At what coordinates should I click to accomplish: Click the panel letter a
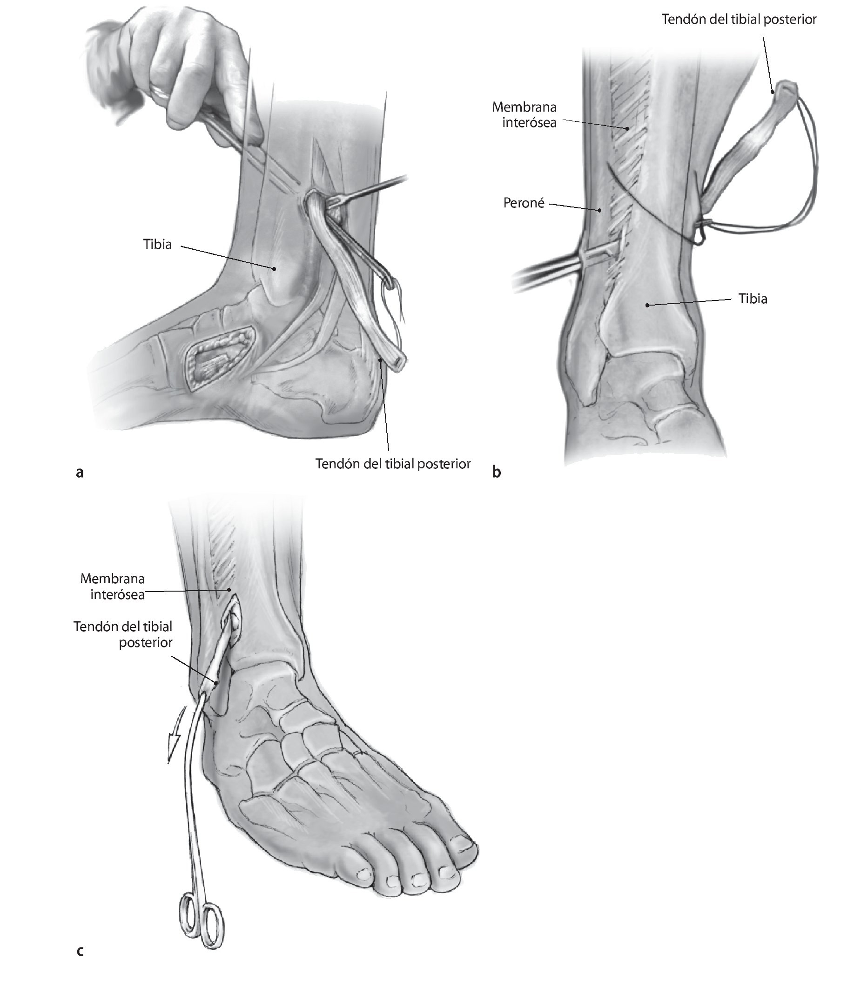point(80,473)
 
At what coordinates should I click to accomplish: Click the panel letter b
point(496,473)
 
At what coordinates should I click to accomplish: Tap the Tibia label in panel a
point(157,244)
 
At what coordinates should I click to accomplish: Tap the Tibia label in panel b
point(753,299)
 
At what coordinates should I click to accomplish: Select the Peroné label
point(524,203)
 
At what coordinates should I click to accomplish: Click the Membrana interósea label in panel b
point(524,114)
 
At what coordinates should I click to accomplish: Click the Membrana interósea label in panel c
point(113,586)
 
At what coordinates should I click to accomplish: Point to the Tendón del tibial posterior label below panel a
point(392,464)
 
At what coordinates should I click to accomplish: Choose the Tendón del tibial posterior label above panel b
point(739,19)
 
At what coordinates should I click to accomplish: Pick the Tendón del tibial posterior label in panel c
point(123,634)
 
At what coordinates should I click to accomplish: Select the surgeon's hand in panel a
point(178,62)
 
